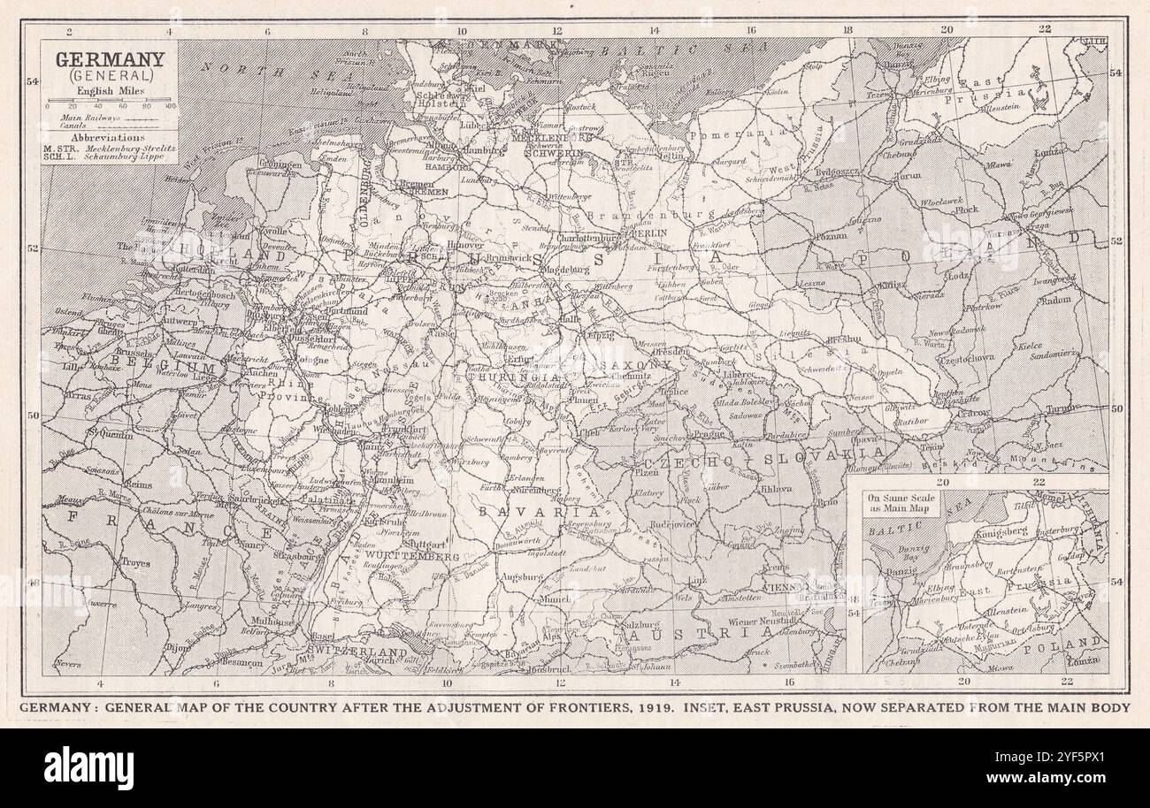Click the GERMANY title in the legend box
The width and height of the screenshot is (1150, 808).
[110, 60]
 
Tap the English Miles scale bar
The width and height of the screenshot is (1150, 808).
[110, 106]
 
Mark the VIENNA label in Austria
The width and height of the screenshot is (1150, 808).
[781, 586]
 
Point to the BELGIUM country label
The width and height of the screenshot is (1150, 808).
[172, 366]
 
